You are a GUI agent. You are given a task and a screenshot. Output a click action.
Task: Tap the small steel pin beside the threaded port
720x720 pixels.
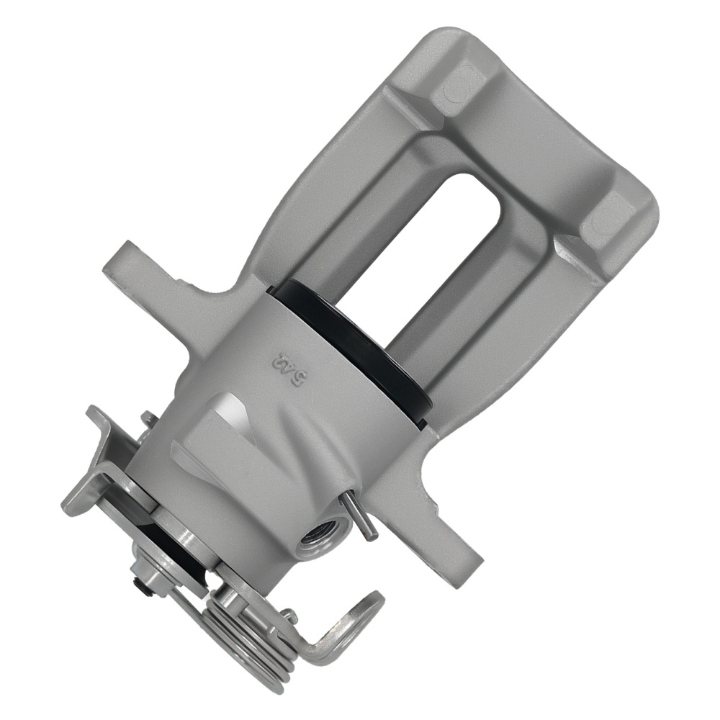[x=360, y=516]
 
